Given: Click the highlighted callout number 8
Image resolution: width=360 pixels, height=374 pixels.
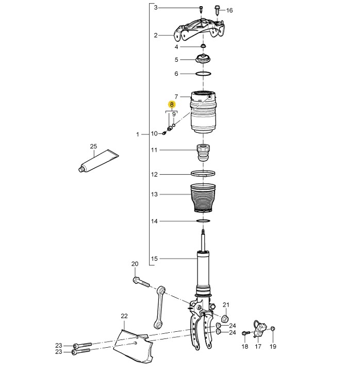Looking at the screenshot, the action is click(x=172, y=105).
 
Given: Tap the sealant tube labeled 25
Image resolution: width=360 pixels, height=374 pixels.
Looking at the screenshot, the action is click(x=99, y=161).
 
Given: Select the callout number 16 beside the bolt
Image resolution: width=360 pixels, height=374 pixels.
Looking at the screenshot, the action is click(x=229, y=10).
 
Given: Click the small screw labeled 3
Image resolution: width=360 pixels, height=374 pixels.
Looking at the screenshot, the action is click(x=201, y=10).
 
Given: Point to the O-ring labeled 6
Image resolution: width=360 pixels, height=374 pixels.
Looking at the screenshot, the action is click(x=203, y=74).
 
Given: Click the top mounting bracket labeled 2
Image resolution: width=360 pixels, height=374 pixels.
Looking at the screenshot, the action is click(x=200, y=30).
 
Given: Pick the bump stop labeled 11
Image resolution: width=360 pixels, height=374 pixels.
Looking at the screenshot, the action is click(x=203, y=152).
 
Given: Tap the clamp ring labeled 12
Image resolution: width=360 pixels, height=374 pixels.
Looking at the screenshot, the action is click(x=203, y=174).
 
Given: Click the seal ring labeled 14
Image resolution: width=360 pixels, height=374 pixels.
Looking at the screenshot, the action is click(x=203, y=221).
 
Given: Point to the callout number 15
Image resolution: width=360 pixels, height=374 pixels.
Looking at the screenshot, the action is click(x=154, y=259).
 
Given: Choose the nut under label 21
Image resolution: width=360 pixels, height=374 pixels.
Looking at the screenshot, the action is click(x=225, y=318).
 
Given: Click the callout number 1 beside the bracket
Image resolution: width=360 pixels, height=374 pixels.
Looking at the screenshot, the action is click(x=138, y=134).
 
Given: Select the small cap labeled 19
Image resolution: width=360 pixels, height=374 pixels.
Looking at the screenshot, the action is click(x=273, y=329).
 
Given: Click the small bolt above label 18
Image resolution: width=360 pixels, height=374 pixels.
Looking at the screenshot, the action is click(x=246, y=333).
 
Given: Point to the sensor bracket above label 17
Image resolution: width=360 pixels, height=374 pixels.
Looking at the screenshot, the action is click(x=259, y=329).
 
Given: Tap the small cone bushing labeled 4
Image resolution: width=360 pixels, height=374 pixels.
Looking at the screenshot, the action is click(x=203, y=45).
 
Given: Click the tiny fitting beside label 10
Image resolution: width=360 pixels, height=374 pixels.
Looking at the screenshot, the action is click(x=164, y=133).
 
